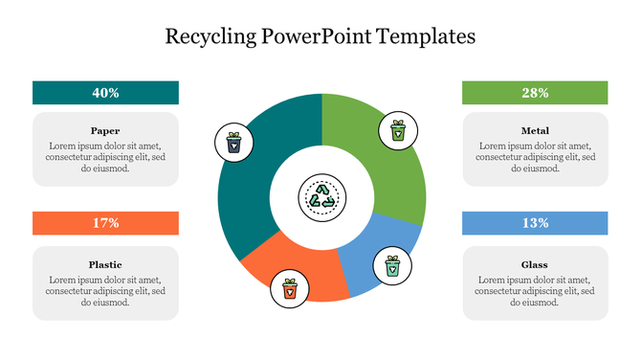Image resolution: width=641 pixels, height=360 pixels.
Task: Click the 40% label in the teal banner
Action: coord(105,93)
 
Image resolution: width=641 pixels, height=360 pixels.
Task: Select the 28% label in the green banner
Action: coord(535,93)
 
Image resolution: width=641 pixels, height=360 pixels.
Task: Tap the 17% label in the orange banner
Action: coord(105,223)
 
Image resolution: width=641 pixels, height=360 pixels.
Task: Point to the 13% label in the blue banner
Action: coord(535,223)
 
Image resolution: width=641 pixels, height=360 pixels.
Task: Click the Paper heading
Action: coord(105,130)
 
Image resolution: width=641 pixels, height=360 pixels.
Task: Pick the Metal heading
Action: coord(535,130)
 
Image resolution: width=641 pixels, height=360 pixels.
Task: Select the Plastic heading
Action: coord(105,264)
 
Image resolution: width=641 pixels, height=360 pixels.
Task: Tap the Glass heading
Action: coord(535,264)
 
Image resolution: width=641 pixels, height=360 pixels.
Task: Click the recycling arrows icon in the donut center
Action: coord(321,198)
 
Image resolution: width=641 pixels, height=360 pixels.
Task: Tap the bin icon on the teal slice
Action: coord(234,143)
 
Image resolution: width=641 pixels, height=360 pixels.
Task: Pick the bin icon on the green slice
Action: coord(397,130)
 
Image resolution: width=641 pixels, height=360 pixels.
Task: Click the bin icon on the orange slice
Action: coord(289,287)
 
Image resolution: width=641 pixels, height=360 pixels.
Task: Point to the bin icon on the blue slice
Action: coord(391,263)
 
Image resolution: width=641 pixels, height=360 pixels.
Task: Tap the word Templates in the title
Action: coord(430,37)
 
